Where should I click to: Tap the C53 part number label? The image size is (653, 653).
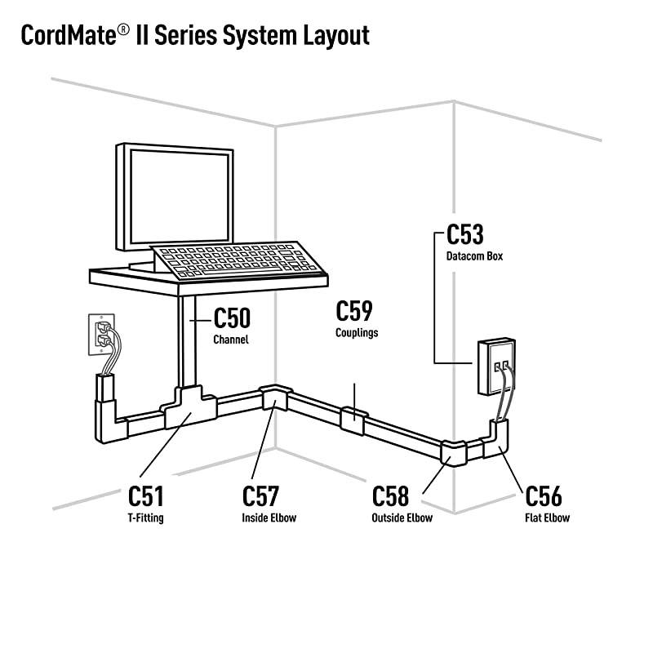point(465,235)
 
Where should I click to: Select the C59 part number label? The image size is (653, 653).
point(354,310)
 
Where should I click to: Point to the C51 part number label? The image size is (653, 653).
point(146,496)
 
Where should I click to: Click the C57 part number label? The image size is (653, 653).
point(260,496)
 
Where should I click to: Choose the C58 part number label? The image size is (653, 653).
point(390,496)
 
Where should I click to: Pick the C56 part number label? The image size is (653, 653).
point(543,496)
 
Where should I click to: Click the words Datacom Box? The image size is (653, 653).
point(474,256)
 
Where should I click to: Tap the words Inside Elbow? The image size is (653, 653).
point(269,518)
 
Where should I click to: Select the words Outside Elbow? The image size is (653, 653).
point(402,518)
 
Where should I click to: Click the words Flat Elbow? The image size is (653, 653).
point(547,518)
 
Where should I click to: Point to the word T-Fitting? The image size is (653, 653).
point(146,518)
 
